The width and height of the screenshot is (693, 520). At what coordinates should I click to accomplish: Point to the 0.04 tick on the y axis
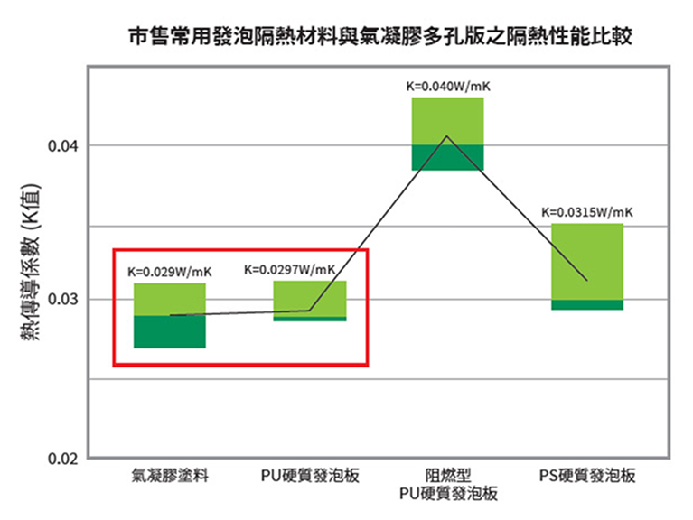(65, 146)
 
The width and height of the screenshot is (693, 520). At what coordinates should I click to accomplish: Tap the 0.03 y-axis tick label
(65, 299)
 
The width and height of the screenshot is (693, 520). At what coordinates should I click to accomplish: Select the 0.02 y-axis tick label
(65, 459)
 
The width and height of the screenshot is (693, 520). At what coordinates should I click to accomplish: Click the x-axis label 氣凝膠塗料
(170, 476)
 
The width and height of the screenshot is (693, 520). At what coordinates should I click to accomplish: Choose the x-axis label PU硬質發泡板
(309, 476)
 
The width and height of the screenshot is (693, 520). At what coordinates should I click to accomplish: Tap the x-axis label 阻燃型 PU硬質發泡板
(448, 485)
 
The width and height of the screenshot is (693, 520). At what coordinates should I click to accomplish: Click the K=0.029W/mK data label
(170, 270)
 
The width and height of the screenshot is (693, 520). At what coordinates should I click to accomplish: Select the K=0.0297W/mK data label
(290, 269)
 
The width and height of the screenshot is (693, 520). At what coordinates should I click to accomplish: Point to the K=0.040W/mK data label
(448, 87)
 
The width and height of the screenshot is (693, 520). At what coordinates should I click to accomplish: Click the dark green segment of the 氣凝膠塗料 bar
(170, 331)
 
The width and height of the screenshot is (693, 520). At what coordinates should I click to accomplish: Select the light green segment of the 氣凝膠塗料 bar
(170, 299)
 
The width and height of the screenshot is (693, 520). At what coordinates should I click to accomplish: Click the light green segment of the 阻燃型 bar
(448, 120)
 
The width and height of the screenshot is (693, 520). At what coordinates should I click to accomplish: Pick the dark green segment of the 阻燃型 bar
(448, 157)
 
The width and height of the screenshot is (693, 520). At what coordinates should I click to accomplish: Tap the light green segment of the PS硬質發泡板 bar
(587, 261)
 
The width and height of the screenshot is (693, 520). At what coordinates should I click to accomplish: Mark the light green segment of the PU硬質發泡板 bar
(310, 298)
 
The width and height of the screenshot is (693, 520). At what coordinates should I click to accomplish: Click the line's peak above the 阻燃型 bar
(446, 136)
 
